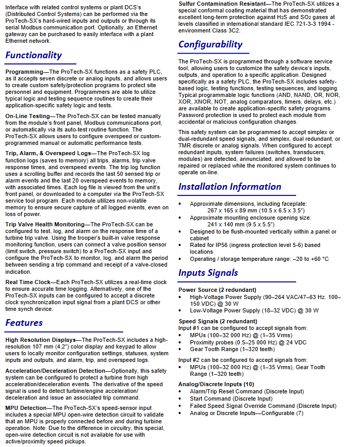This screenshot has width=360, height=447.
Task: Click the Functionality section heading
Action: pos(34,55)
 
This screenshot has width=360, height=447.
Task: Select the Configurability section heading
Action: pos(210,44)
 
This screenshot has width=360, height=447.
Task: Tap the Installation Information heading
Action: pos(230,187)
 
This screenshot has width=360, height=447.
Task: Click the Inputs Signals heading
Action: pos(208,273)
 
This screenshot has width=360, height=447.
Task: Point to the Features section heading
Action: pos(24,323)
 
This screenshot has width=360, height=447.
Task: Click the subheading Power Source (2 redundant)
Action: pos(217,290)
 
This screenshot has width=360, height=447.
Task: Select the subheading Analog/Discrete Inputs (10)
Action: pos(216,384)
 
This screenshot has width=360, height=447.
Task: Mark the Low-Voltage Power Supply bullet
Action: pos(231,311)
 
